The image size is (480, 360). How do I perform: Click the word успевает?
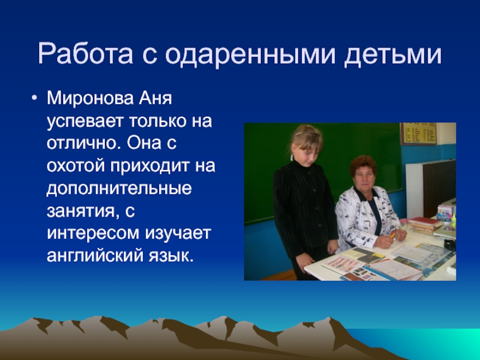84,122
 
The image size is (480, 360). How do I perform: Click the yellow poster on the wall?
418,134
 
